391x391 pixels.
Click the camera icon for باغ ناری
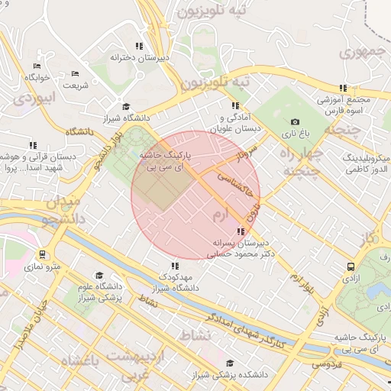tap(296, 121)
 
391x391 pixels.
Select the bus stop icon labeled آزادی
tap(351, 267)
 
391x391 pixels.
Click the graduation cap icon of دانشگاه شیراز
tap(126, 107)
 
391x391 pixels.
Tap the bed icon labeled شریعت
tap(75, 73)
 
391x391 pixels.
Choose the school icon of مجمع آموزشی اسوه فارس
tap(344, 88)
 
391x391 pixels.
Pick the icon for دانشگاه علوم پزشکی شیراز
tap(99, 275)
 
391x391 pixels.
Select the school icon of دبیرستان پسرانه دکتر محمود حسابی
tap(241, 231)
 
